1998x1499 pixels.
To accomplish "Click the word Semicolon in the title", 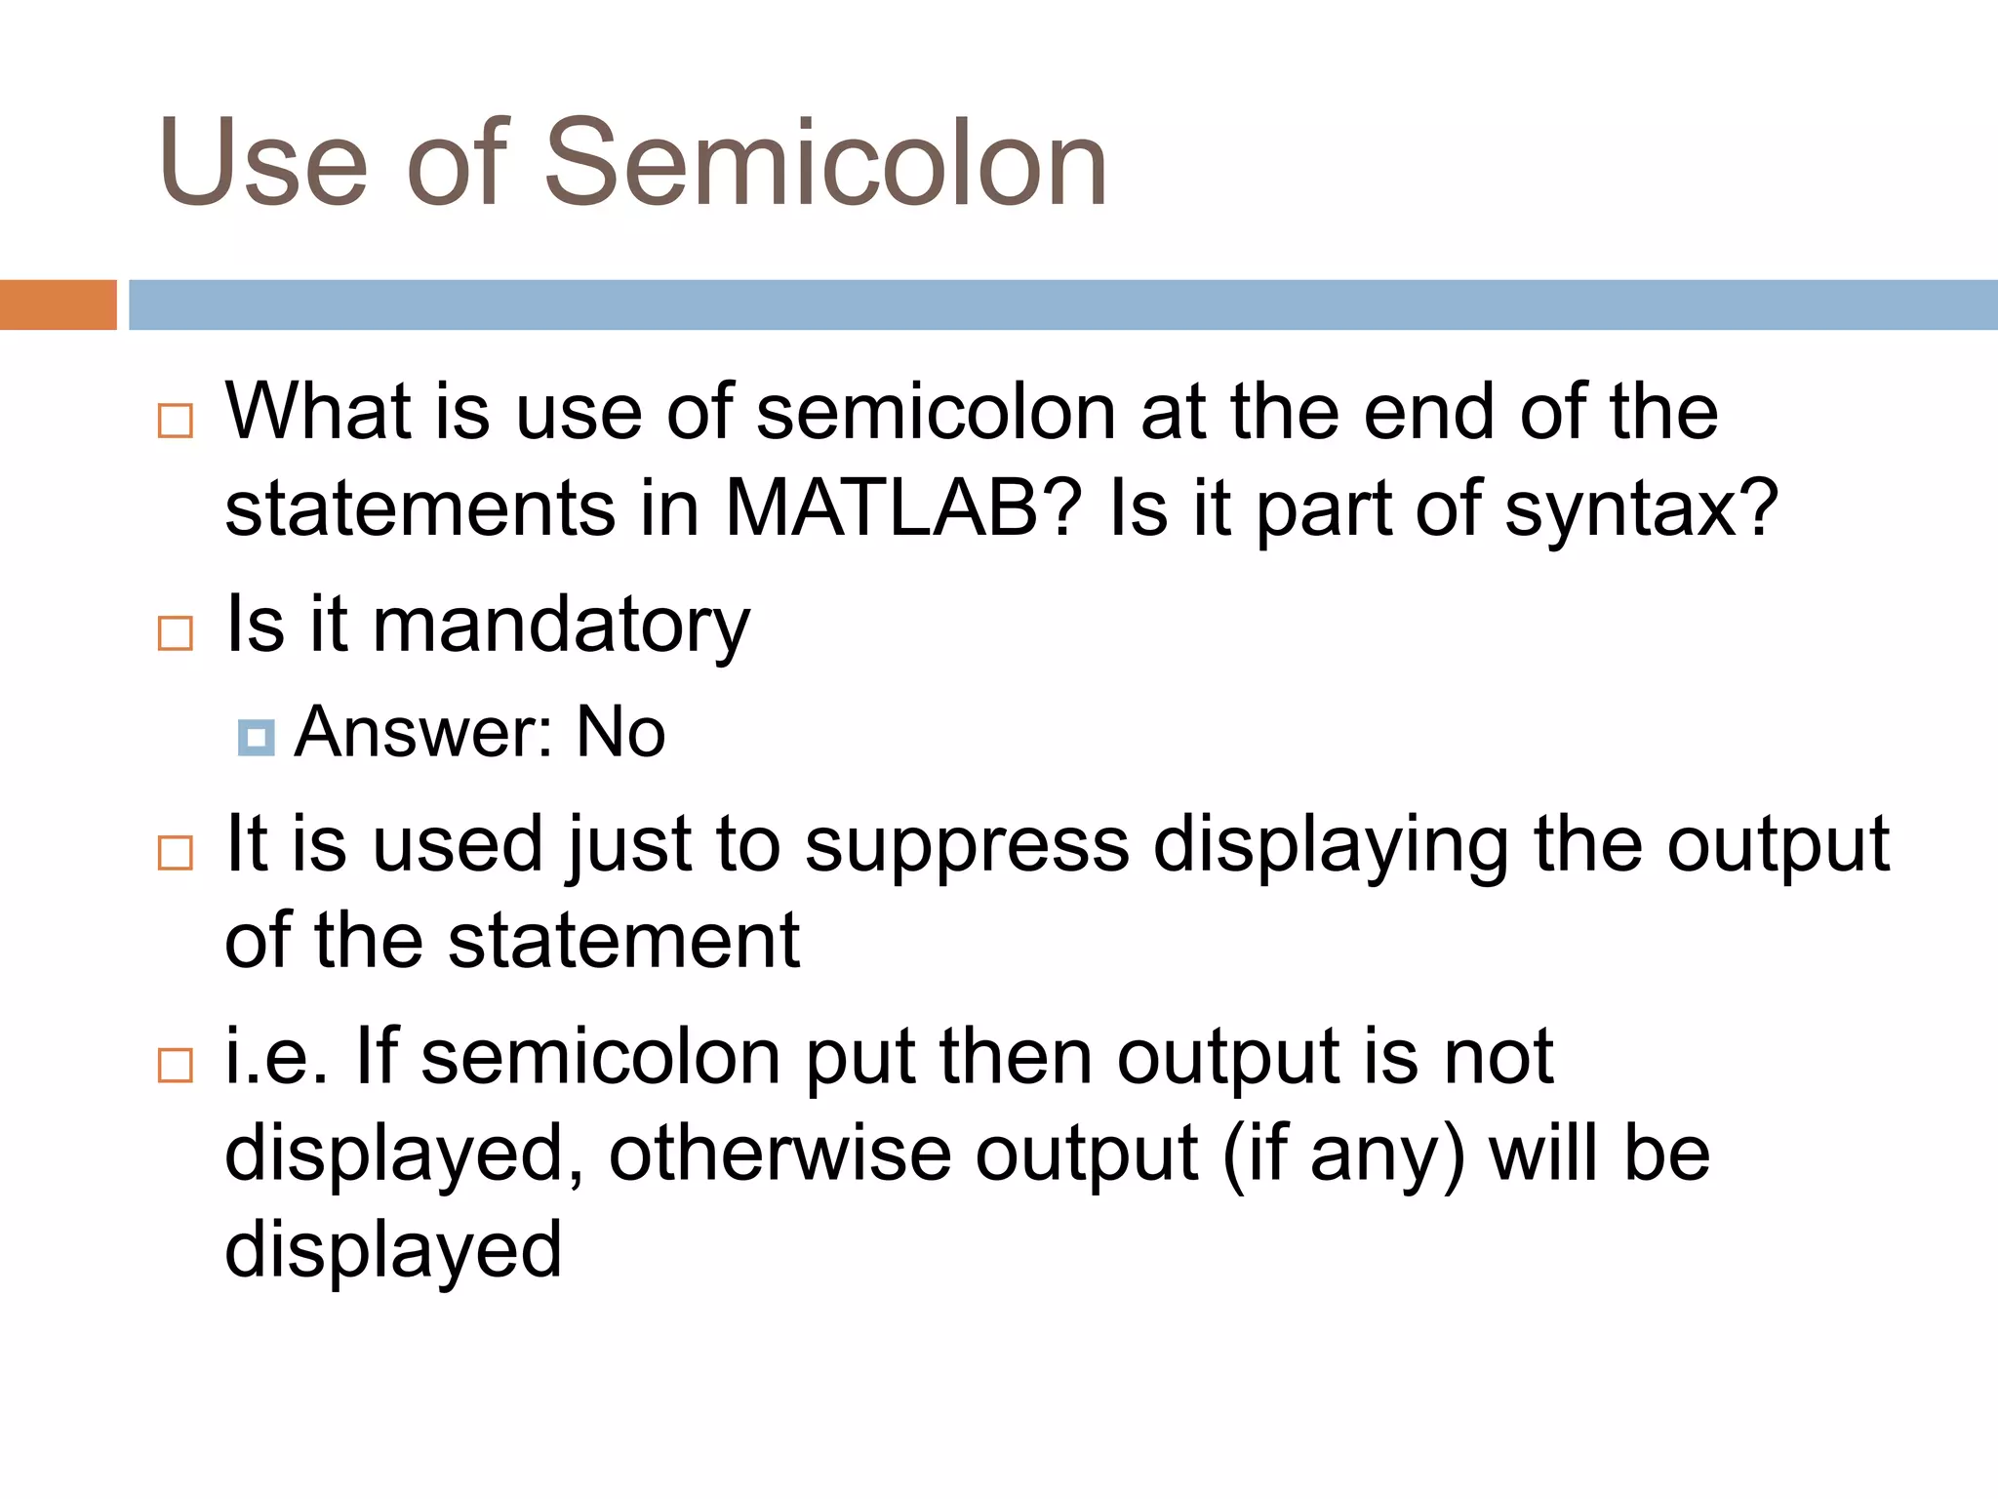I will click(825, 162).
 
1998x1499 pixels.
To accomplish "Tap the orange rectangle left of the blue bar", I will click(58, 304).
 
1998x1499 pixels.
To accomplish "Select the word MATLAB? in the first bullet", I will click(903, 508).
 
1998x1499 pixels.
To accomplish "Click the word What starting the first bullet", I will click(318, 412).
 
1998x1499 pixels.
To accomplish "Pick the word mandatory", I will click(561, 625).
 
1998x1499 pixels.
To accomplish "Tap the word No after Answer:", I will click(620, 732).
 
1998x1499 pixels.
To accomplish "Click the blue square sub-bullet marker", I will click(256, 738).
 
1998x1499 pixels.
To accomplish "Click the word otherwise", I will click(779, 1154).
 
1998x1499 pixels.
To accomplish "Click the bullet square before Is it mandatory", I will click(176, 633).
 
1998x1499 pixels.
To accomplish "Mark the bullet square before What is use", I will click(176, 422).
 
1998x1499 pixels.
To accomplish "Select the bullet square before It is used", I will click(176, 853).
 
